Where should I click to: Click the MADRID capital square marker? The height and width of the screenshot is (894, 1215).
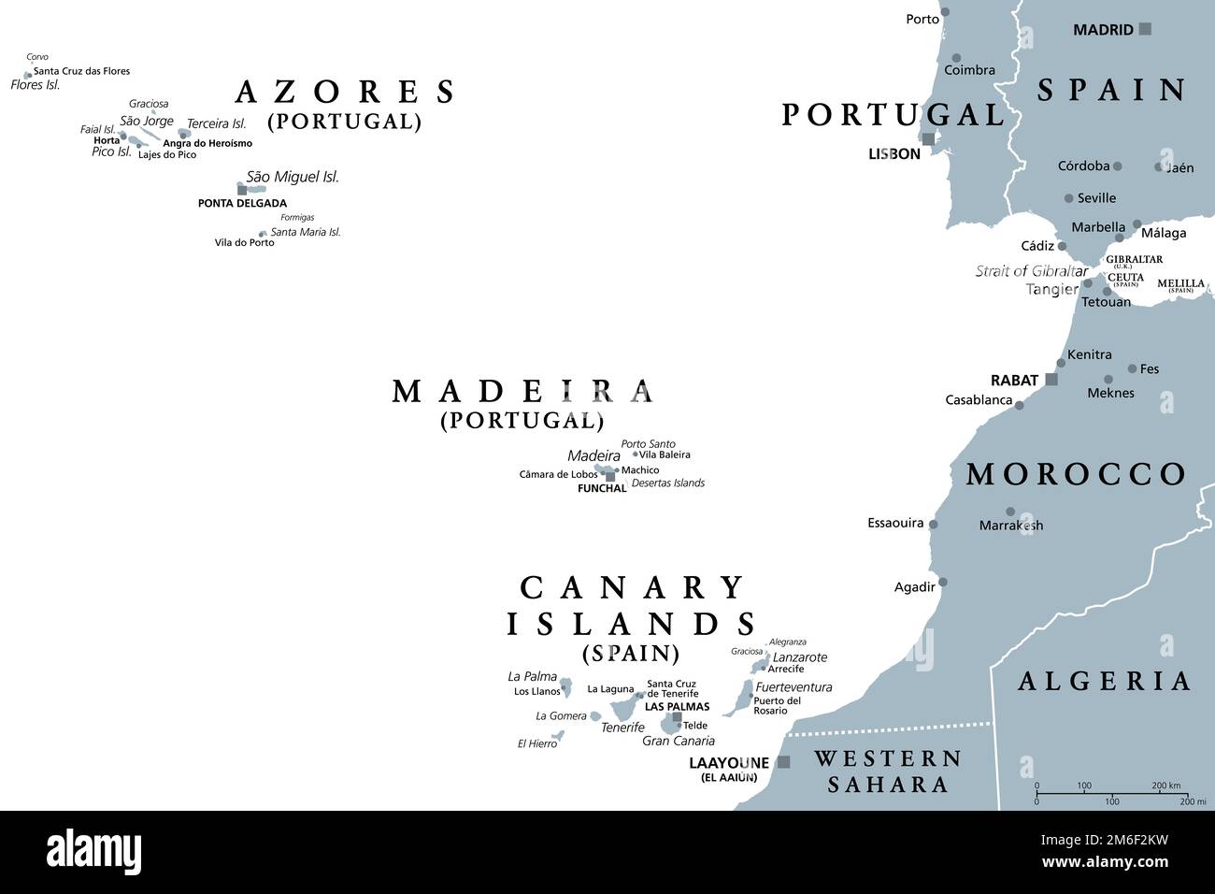click(1145, 30)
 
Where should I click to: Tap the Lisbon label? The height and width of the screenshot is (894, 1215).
click(893, 154)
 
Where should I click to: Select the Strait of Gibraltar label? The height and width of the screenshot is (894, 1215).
click(1031, 271)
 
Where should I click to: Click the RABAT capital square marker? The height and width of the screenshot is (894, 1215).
click(1051, 380)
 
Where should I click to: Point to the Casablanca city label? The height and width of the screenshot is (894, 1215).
click(979, 400)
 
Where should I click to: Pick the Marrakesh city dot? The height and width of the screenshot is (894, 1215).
click(1009, 512)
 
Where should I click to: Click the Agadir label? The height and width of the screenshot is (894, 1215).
click(914, 587)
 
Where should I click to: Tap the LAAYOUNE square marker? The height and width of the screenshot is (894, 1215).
click(783, 762)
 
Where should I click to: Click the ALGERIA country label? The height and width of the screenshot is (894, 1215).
click(1104, 681)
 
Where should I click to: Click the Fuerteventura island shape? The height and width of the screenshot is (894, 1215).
click(742, 698)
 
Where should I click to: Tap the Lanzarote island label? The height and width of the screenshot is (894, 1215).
click(799, 657)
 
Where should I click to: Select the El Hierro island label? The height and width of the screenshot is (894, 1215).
click(536, 743)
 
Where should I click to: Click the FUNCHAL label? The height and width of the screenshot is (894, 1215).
click(601, 488)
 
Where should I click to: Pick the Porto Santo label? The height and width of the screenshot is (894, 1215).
click(648, 444)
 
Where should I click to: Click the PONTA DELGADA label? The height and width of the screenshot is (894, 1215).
click(242, 203)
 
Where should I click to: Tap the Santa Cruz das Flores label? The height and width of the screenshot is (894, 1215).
click(81, 71)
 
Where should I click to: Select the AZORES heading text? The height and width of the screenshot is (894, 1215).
click(345, 92)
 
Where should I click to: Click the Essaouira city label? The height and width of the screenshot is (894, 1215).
click(894, 524)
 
